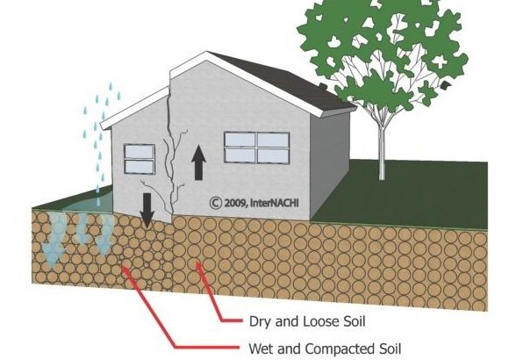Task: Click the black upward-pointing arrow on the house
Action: (199, 162)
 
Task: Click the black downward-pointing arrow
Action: (147, 210)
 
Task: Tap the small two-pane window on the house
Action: (140, 159)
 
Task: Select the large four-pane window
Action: (257, 148)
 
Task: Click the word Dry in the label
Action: (261, 321)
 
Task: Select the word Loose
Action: (322, 321)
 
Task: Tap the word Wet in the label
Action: (261, 349)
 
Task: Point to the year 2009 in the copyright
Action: (235, 203)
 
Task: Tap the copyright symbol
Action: (216, 203)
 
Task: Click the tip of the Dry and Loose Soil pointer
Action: (197, 263)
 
